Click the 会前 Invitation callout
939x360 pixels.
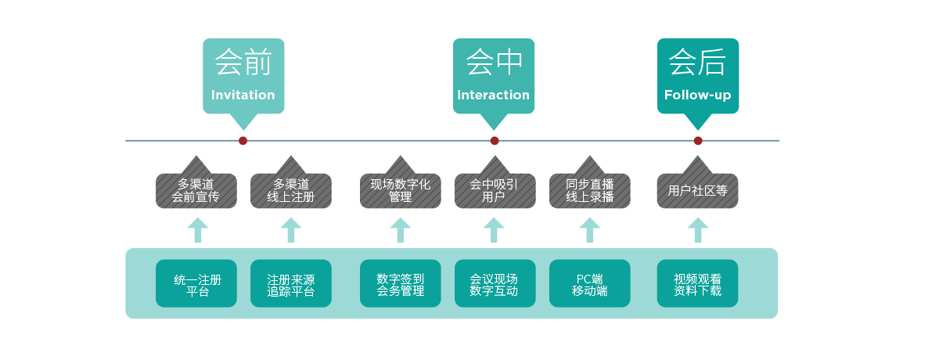pyautogui.click(x=243, y=76)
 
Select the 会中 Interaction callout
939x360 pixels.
pyautogui.click(x=494, y=76)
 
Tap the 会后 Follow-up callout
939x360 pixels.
pyautogui.click(x=697, y=76)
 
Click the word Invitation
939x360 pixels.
pyautogui.click(x=243, y=95)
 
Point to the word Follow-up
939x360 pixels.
pyautogui.click(x=697, y=95)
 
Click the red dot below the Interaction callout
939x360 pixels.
pyautogui.click(x=495, y=141)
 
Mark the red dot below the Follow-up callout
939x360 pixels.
pyautogui.click(x=698, y=141)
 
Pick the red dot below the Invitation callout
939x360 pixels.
pyautogui.click(x=243, y=141)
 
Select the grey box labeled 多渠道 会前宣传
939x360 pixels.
pyautogui.click(x=196, y=190)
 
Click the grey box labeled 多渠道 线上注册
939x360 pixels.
pyautogui.click(x=291, y=190)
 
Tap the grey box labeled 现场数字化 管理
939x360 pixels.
pyautogui.click(x=400, y=190)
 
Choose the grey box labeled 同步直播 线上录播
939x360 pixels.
pyautogui.click(x=589, y=190)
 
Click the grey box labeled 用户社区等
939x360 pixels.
pyautogui.click(x=697, y=190)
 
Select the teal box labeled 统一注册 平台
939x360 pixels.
pyautogui.click(x=196, y=283)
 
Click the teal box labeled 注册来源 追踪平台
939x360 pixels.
pyautogui.click(x=291, y=283)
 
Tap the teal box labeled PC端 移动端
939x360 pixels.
pyautogui.click(x=589, y=283)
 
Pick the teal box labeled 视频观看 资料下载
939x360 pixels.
pyautogui.click(x=697, y=283)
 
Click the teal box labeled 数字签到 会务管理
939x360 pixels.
pyautogui.click(x=400, y=283)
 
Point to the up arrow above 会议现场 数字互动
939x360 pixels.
pyautogui.click(x=494, y=230)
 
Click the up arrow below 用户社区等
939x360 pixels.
pyautogui.click(x=698, y=230)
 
